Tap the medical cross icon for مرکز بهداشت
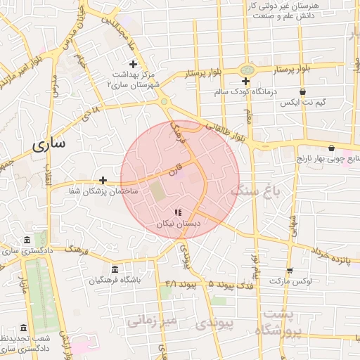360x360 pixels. (133, 65)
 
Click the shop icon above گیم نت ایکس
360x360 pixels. (302, 91)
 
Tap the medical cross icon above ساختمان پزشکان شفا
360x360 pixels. (103, 181)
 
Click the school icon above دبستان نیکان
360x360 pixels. (178, 212)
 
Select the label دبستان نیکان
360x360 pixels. (178, 223)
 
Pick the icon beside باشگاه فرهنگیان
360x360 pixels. (115, 269)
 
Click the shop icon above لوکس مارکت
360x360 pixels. (289, 271)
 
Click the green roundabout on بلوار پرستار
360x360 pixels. (246, 70)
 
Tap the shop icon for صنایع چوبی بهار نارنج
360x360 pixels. (331, 148)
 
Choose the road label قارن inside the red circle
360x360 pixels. (174, 169)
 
